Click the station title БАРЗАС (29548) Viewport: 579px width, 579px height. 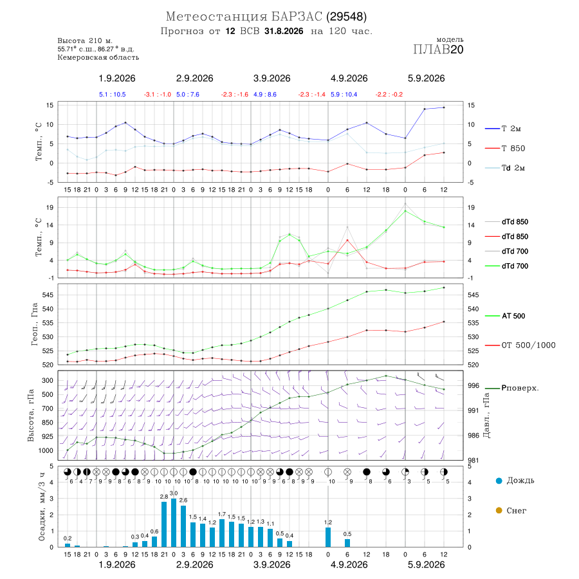(x=318, y=17)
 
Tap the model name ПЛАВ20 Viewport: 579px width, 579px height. (x=438, y=50)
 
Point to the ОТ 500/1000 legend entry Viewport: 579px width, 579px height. (x=520, y=345)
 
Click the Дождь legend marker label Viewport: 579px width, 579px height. (x=515, y=481)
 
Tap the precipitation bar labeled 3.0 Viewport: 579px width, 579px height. (x=174, y=523)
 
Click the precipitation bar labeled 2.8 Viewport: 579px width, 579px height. (x=164, y=524)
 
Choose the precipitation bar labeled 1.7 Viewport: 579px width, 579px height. (x=222, y=533)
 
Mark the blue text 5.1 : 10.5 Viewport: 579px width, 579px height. (x=112, y=95)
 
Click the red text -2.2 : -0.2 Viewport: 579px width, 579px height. (x=389, y=95)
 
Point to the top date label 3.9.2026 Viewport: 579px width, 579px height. (x=271, y=78)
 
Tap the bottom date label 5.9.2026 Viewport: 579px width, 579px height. (x=426, y=565)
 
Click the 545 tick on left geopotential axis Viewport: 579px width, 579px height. (x=48, y=295)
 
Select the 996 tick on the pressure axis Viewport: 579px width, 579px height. (x=473, y=385)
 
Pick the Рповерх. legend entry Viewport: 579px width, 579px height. (x=512, y=389)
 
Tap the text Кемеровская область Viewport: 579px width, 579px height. (x=98, y=58)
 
